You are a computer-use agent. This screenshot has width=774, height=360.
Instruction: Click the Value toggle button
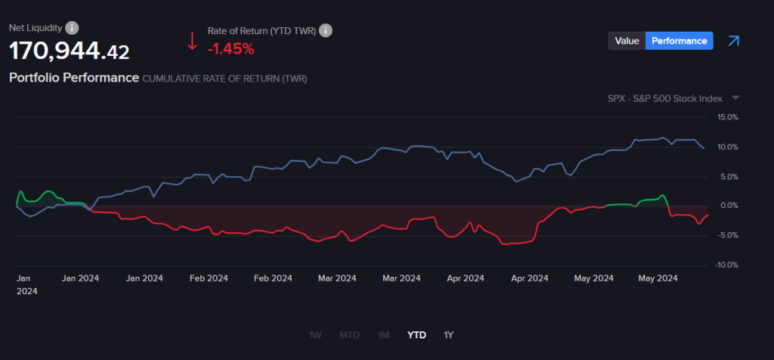(627, 41)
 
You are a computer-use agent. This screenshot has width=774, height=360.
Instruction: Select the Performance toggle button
(679, 41)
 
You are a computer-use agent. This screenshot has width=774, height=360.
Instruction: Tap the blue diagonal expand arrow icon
(732, 41)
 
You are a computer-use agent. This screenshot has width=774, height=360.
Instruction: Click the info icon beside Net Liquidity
(72, 28)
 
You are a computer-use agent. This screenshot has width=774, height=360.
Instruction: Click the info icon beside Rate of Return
(326, 30)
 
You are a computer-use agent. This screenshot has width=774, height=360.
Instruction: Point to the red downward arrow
(192, 41)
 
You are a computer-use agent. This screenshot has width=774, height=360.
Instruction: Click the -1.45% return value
(231, 49)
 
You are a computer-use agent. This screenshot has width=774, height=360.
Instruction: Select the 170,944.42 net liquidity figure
(69, 51)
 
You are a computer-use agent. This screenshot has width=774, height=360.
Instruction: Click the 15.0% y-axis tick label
(727, 117)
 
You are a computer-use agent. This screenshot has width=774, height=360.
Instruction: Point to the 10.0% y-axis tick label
(727, 147)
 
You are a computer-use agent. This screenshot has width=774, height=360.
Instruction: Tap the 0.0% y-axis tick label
(729, 206)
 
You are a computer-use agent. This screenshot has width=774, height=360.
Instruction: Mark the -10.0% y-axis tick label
(726, 265)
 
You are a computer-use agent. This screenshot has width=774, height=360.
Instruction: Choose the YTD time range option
(416, 334)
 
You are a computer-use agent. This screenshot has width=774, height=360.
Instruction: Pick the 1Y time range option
(449, 334)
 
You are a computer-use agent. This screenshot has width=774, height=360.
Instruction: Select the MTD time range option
(350, 334)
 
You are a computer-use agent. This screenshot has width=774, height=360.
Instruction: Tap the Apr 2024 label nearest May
(528, 278)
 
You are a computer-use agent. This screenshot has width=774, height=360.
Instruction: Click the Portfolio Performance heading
(73, 78)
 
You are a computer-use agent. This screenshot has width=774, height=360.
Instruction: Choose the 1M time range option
(384, 334)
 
